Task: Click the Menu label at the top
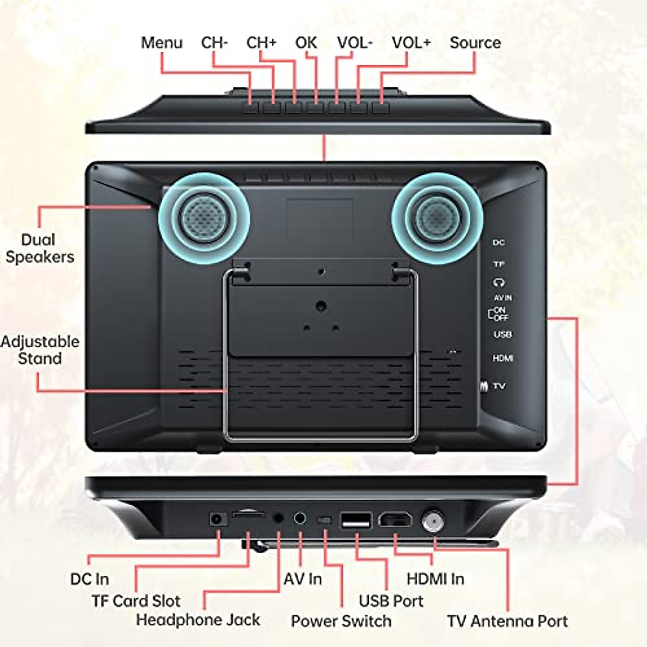point(161,43)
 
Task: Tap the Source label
point(475,43)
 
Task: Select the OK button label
point(306,43)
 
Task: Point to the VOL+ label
point(411,43)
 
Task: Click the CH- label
point(214,43)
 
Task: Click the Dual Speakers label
point(39,248)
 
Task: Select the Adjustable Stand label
point(39,350)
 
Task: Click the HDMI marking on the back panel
point(503,358)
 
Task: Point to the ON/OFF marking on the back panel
point(499,314)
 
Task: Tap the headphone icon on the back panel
point(499,282)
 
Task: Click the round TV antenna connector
point(431,521)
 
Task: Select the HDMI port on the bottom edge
point(395,520)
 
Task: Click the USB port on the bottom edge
point(356,521)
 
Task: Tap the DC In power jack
point(217,519)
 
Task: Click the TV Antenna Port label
point(507,621)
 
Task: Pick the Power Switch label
point(341,621)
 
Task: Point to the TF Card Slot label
point(136,601)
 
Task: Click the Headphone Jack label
point(198,620)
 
